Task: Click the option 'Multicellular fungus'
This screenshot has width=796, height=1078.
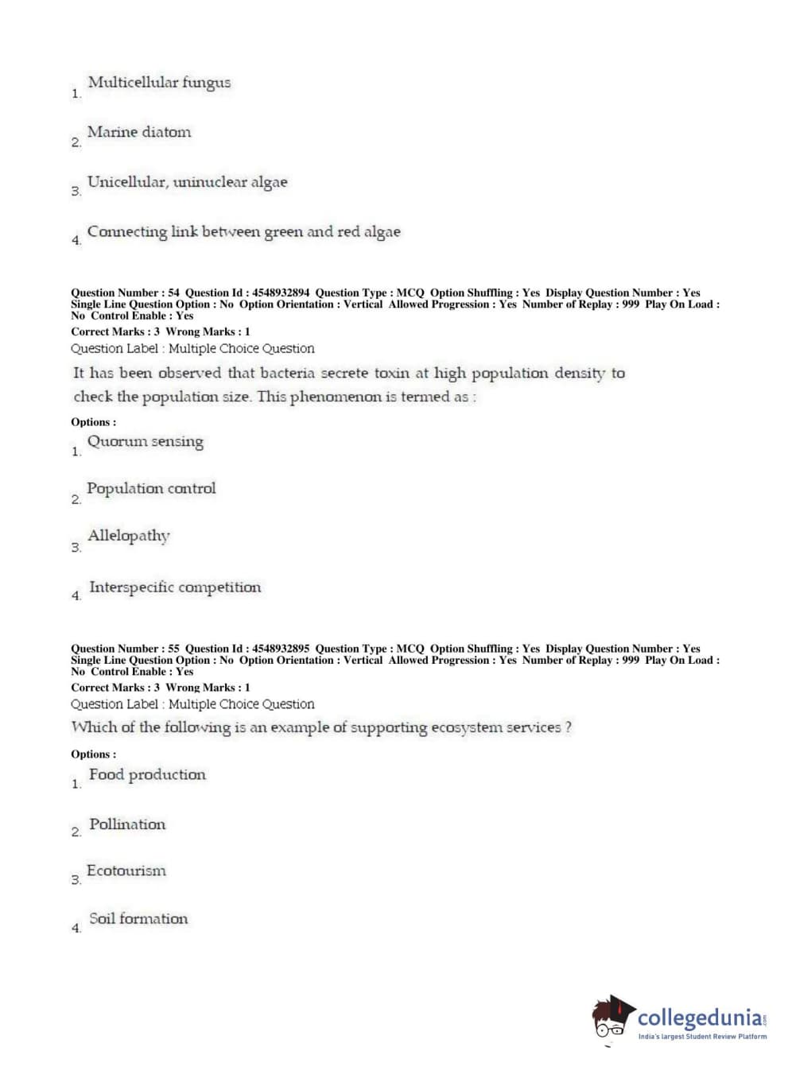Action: tap(159, 83)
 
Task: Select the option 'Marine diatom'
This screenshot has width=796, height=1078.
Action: tap(139, 132)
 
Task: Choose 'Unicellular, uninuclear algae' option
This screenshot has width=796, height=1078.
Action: tap(187, 182)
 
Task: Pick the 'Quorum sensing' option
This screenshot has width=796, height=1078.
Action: tap(145, 442)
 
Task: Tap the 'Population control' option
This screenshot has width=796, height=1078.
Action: tap(151, 489)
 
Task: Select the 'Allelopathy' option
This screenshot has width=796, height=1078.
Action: tap(129, 536)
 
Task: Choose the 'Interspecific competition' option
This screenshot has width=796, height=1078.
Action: tap(175, 587)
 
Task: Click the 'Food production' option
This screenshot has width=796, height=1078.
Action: tap(147, 775)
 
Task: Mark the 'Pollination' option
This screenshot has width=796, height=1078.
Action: tap(127, 824)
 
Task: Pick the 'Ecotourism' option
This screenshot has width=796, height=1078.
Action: tap(126, 871)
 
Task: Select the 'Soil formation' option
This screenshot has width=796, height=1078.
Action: tap(138, 919)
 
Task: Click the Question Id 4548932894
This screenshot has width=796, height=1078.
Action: tap(281, 293)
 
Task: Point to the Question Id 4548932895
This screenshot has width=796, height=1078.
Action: tap(281, 649)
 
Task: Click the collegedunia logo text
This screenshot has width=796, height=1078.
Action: tap(700, 1018)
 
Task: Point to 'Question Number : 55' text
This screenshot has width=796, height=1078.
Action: tap(125, 649)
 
